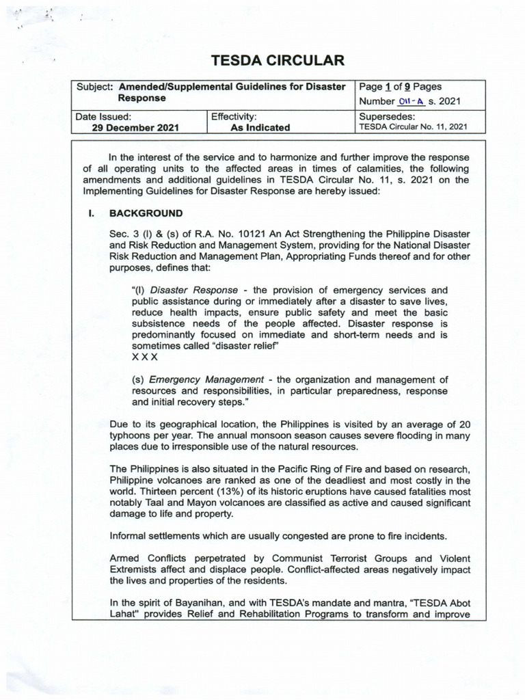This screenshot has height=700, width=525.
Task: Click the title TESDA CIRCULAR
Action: coord(278,61)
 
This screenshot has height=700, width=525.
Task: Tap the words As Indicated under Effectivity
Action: coord(260,127)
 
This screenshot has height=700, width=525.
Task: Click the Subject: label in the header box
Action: coord(96,87)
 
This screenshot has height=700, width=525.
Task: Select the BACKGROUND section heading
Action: coord(146,213)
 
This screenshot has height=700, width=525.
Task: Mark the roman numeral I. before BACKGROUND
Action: coord(90,213)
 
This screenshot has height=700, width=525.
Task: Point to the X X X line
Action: coord(144,357)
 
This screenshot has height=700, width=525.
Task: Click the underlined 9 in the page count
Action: coord(408,87)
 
